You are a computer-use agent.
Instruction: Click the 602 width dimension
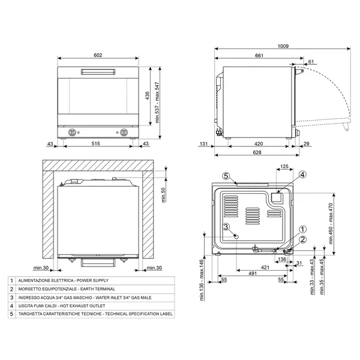click(x=98, y=55)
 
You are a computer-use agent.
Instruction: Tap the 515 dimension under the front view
click(x=98, y=145)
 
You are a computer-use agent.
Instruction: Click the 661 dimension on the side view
click(x=259, y=55)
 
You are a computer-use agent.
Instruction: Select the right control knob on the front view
click(x=124, y=132)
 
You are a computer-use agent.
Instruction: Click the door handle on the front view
click(x=98, y=72)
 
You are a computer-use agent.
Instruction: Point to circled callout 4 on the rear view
click(x=302, y=175)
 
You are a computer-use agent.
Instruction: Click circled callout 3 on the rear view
click(x=226, y=227)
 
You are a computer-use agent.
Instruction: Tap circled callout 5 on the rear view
click(x=226, y=176)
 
